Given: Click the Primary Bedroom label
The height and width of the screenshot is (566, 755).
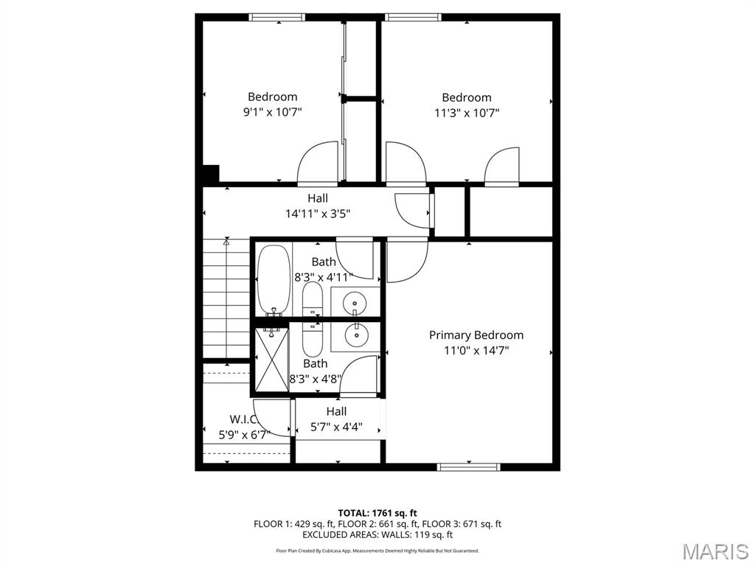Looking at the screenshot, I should [476, 335].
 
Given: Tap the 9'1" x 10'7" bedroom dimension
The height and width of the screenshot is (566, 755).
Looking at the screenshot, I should [272, 113].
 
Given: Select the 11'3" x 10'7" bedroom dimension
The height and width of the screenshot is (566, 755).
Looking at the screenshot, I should [467, 113].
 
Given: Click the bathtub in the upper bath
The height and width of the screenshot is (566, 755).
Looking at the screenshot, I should [274, 281].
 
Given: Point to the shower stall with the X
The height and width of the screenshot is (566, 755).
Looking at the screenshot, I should [271, 361].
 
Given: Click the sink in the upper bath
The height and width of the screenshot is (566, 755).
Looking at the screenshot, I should [356, 301].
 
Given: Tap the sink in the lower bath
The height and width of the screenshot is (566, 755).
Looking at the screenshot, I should [356, 335].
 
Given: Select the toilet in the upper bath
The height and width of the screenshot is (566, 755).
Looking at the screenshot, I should [313, 299].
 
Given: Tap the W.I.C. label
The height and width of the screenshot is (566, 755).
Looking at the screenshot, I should [243, 419].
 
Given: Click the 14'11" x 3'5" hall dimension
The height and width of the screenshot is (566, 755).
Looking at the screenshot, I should [318, 214].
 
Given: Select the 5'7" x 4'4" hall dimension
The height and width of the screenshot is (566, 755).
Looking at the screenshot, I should [336, 427].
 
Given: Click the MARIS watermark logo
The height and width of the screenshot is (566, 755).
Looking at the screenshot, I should [714, 551].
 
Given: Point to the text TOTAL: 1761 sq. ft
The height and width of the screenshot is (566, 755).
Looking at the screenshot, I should [377, 513].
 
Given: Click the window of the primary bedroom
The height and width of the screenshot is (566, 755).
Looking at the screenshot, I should [469, 467].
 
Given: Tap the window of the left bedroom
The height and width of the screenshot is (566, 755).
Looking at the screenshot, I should [277, 17].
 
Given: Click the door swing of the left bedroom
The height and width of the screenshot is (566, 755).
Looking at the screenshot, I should [318, 163].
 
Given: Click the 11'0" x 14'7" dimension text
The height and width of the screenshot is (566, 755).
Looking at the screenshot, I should [476, 351].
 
